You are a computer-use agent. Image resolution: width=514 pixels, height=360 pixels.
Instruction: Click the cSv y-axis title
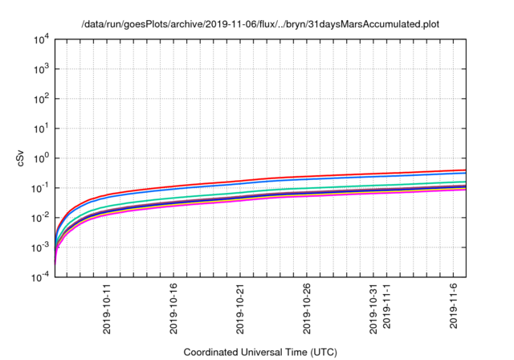point(21,157)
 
